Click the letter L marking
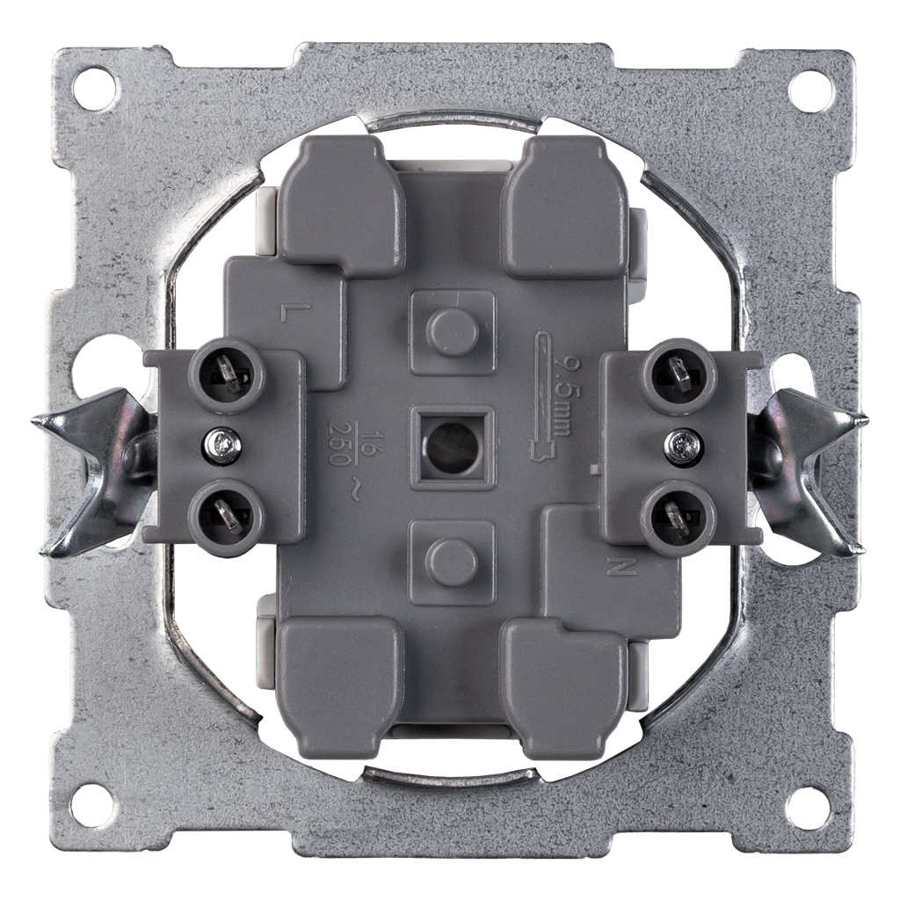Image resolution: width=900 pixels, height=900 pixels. (287, 312)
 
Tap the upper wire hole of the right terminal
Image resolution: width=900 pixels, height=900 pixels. (681, 374)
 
